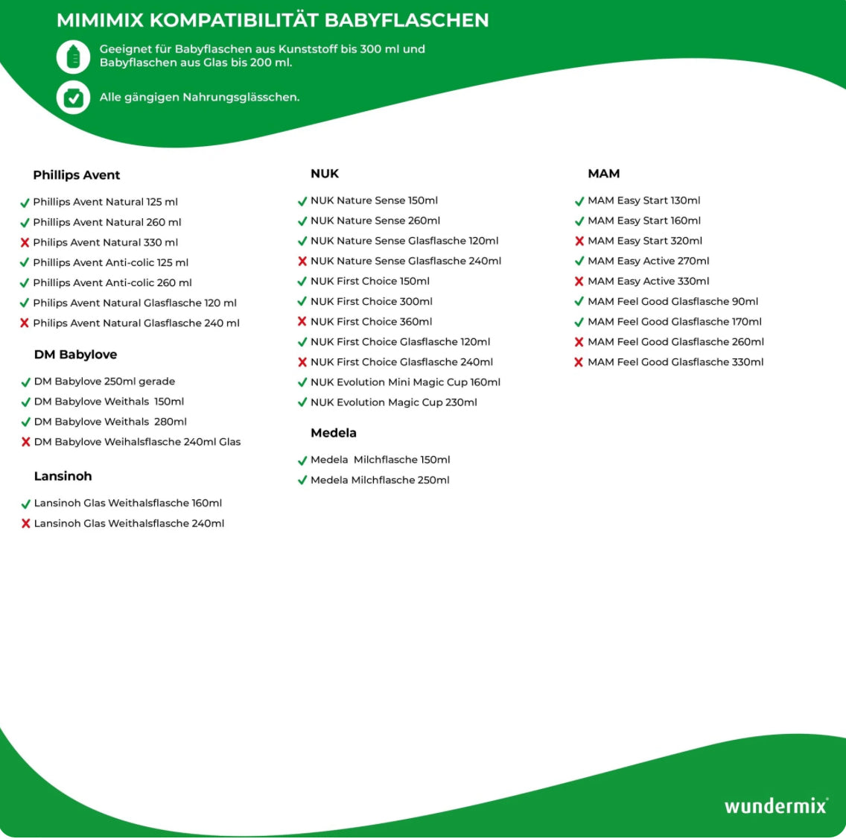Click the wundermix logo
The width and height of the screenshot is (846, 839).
point(775,806)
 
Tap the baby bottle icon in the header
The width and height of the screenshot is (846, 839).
point(73,57)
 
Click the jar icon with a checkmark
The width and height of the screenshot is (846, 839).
point(73,98)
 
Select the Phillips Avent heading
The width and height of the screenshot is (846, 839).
point(77,175)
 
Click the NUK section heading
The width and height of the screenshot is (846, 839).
point(325,174)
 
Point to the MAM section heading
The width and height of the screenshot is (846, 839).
point(604,174)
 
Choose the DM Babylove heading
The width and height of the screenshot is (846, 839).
point(75,355)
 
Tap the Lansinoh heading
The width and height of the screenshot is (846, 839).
point(63,476)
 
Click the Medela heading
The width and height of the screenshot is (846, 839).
point(334,433)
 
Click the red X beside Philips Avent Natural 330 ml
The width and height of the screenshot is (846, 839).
point(25,242)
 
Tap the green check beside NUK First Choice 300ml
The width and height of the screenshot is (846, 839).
point(302,302)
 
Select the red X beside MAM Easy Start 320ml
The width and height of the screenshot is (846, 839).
point(579,241)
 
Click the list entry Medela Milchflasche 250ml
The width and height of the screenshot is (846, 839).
point(380,480)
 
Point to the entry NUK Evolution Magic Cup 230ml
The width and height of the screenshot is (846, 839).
point(394,402)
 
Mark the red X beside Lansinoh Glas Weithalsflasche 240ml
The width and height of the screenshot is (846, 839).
point(25,524)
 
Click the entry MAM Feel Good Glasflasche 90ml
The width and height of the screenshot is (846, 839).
point(672,302)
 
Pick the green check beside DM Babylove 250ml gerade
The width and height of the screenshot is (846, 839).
point(25,382)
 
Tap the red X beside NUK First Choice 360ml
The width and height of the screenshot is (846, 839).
point(302,322)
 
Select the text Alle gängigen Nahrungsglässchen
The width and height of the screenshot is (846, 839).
point(200,97)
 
